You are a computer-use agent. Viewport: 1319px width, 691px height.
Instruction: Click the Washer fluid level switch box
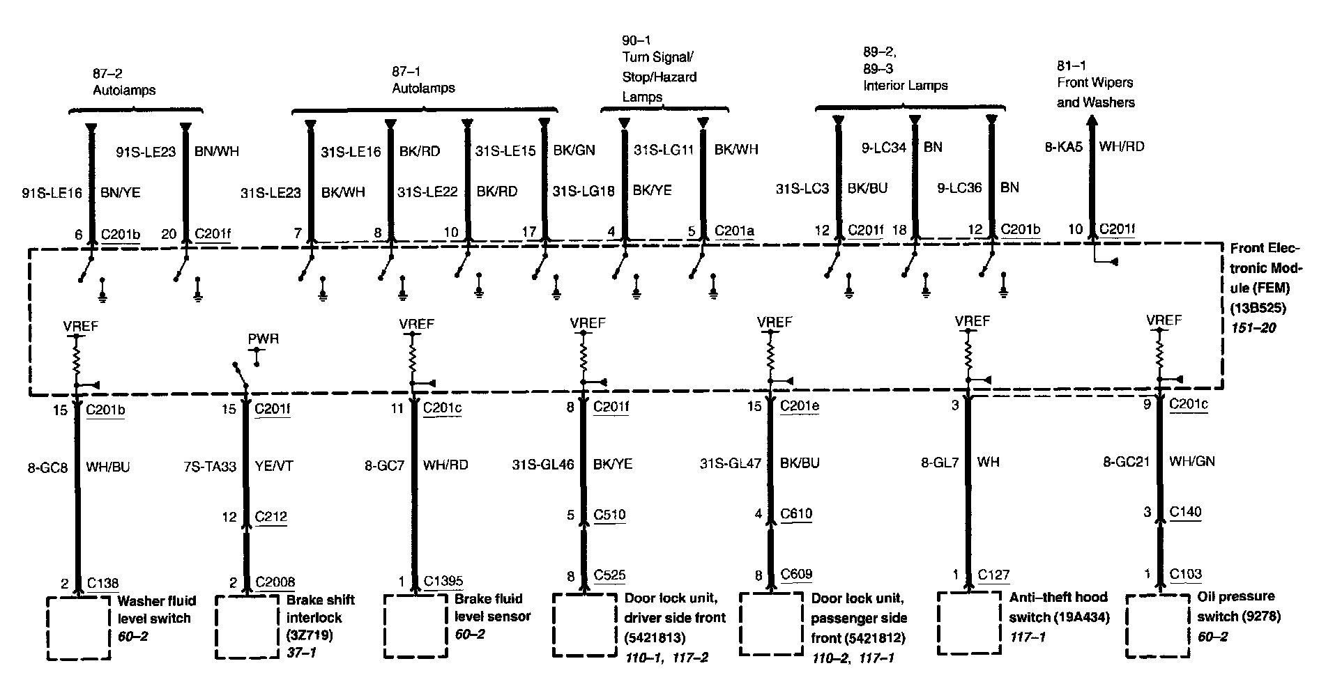[79, 627]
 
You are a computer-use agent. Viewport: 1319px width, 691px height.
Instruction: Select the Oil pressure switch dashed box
[1157, 626]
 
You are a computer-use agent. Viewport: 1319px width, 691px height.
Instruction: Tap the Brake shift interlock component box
[247, 627]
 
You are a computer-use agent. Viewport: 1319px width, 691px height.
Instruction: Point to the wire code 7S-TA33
[207, 467]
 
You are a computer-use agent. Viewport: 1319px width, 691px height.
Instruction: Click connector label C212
[271, 517]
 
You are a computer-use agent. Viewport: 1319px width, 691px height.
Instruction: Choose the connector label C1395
[443, 582]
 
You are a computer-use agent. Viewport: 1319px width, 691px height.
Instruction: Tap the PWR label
[264, 339]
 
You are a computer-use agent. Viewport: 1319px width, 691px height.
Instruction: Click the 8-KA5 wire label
[1064, 147]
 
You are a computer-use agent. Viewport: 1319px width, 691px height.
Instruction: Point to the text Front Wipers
[1095, 83]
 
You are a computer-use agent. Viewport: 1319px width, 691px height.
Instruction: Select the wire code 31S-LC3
[802, 188]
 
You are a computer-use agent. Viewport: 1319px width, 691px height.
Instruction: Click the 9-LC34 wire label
[884, 148]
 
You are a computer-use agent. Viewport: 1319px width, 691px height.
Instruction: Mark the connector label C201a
[734, 230]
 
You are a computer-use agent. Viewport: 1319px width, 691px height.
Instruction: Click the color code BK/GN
[574, 150]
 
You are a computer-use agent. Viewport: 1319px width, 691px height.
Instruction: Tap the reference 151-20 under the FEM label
[1253, 327]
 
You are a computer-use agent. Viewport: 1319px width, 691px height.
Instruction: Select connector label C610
[796, 514]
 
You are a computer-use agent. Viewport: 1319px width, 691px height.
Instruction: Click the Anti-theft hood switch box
[968, 623]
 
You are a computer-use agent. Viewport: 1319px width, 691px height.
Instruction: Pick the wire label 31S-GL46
[543, 463]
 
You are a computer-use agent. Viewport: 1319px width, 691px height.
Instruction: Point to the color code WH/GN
[1192, 461]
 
